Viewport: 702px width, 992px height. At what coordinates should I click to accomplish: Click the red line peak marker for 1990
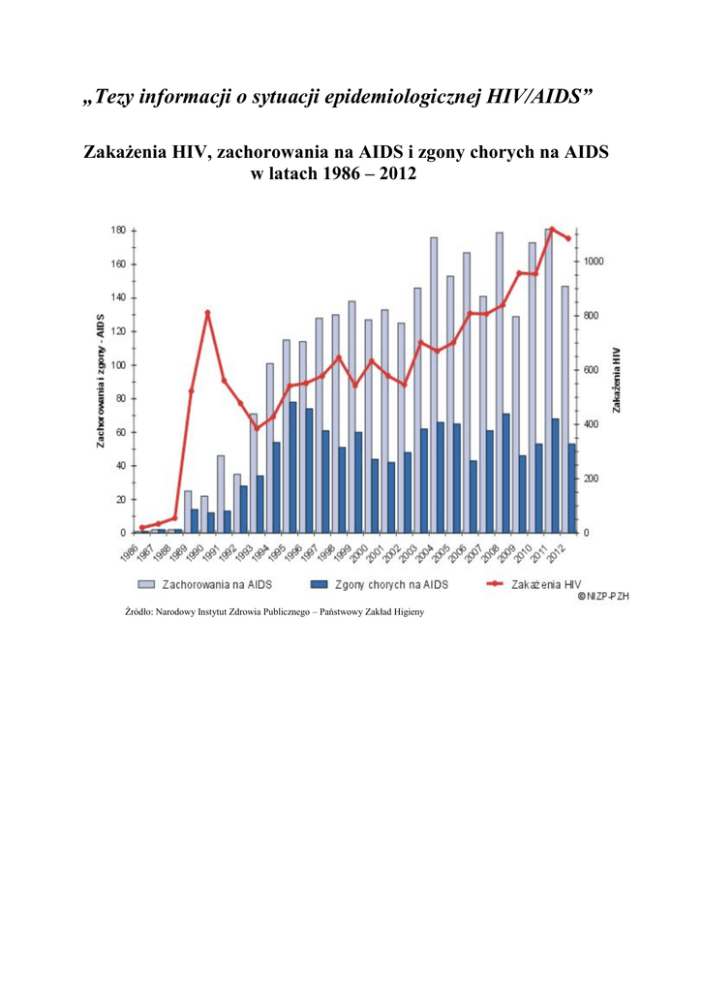point(207,313)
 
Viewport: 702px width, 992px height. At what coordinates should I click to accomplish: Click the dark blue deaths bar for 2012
point(572,488)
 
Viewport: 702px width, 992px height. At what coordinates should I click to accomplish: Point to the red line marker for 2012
point(568,238)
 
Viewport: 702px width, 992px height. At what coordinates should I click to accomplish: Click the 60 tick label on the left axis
point(120,432)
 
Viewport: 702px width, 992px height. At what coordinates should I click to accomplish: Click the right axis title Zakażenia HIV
point(617,381)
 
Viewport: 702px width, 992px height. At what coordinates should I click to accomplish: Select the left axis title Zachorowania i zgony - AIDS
point(100,381)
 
